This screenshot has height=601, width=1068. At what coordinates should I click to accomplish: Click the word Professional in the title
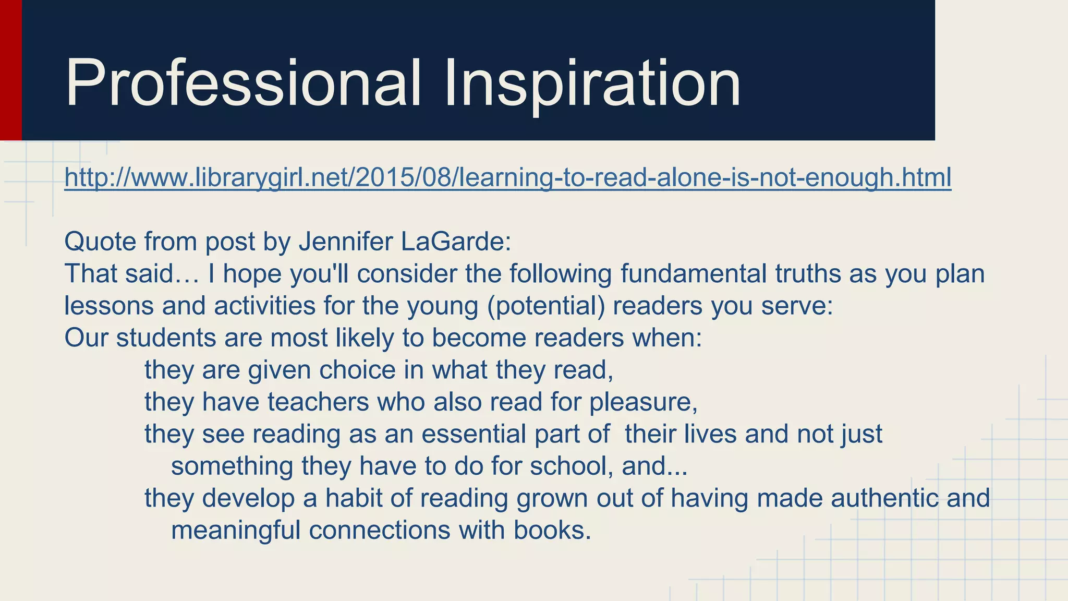point(243,83)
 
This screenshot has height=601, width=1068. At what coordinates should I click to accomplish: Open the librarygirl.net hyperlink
point(507,177)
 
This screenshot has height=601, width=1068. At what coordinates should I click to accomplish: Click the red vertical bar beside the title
point(10,70)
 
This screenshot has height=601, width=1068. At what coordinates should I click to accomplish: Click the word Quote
point(100,242)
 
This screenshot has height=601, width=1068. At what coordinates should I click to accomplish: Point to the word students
point(166,338)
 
